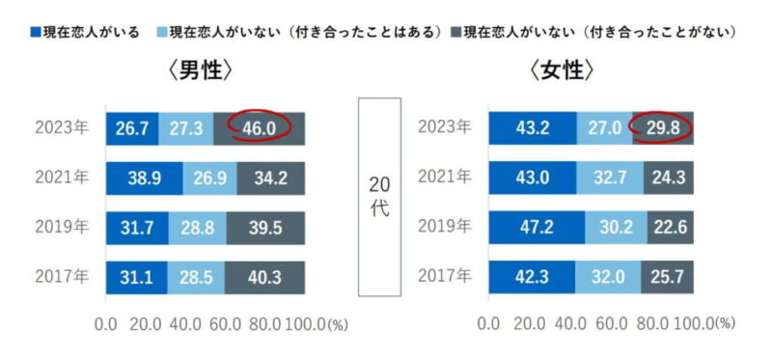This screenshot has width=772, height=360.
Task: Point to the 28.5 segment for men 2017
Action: click(196, 278)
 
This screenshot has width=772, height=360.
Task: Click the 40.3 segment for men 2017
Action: click(265, 278)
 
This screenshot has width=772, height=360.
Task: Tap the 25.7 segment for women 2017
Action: click(667, 278)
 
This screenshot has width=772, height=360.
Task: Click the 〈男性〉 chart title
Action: click(205, 73)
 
